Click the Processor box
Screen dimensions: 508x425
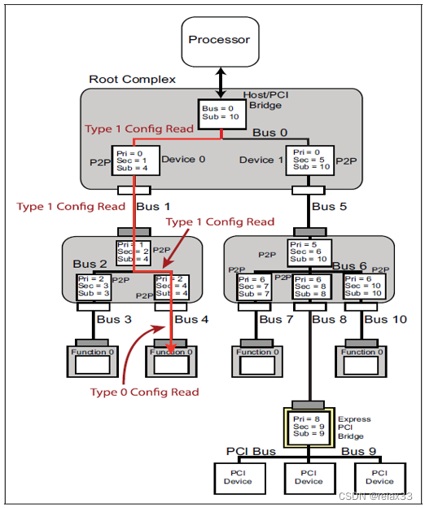220,40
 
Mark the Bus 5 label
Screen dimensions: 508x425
330,207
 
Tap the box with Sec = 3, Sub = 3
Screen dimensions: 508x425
93,287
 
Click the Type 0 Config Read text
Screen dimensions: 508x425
144,392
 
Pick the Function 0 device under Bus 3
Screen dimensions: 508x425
92,358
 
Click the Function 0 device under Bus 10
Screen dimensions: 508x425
359,358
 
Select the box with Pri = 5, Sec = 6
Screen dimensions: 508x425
308,253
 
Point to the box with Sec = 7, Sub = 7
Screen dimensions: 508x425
253,287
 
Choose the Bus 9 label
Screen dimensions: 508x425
358,450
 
